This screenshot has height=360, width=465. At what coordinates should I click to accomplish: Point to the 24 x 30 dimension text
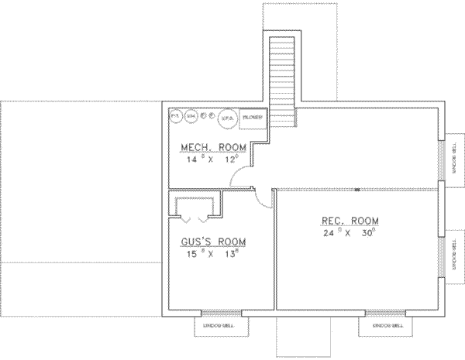[351, 232]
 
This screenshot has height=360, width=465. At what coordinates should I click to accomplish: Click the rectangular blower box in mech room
[253, 117]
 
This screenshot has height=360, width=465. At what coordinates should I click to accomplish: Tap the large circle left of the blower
[228, 118]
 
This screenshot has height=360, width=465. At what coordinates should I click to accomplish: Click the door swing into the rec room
[266, 197]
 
